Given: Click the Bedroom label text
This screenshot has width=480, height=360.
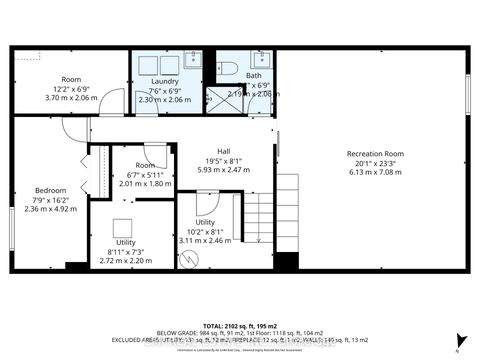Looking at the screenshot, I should (51, 190).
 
